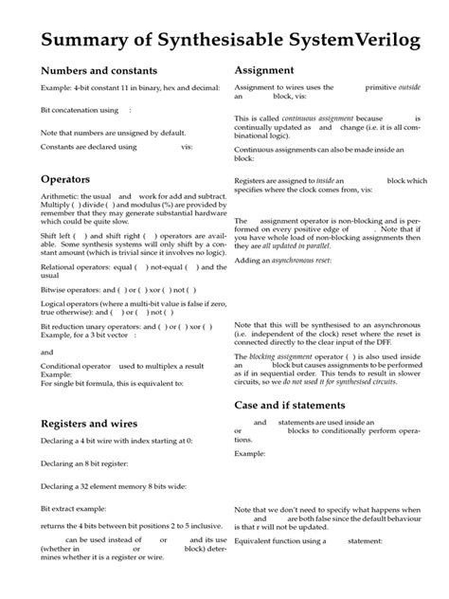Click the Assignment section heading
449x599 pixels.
coord(269,71)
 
